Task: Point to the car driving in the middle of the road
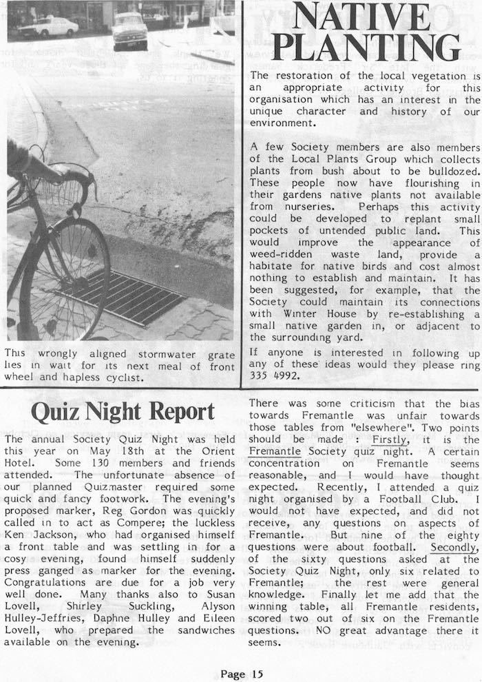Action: [x=129, y=30]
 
